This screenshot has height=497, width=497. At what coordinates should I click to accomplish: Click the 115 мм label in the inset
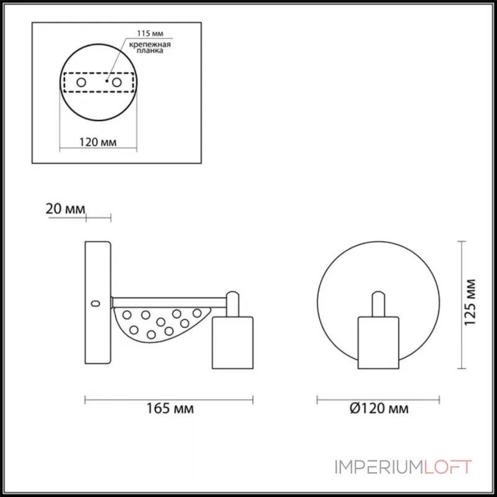(x=150, y=34)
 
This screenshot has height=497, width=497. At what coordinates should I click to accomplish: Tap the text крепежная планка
(x=150, y=47)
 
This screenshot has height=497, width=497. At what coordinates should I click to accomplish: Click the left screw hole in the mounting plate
(x=81, y=83)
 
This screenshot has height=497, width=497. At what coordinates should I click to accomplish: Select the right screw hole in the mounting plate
(x=117, y=83)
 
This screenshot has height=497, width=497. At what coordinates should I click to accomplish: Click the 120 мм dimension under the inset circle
(x=98, y=142)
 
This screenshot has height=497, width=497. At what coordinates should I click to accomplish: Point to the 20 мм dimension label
(x=66, y=209)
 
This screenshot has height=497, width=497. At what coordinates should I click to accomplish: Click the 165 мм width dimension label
(x=170, y=409)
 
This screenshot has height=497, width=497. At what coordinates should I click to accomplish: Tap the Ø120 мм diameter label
(x=379, y=409)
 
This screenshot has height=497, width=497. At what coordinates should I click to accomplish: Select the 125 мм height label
(x=470, y=303)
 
